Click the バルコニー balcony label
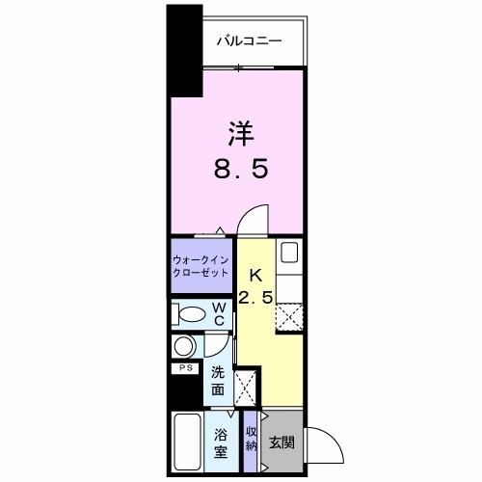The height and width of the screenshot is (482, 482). tap(248, 41)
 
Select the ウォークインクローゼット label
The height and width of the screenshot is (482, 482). tap(201, 265)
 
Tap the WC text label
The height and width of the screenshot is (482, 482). tap(220, 314)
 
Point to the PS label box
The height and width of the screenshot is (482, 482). tap(183, 367)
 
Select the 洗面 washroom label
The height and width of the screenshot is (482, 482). tap(220, 382)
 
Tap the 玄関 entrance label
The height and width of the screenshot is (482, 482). tap(281, 442)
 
